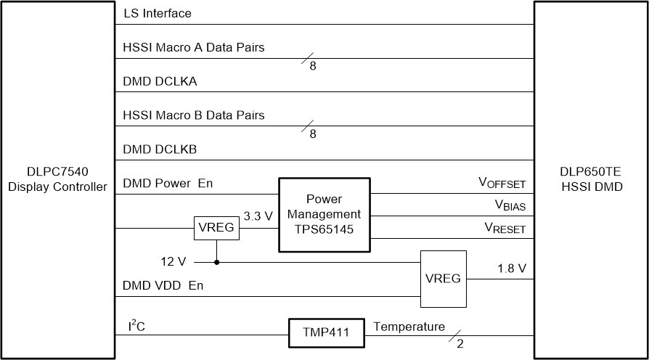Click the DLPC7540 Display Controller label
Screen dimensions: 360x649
pos(58,180)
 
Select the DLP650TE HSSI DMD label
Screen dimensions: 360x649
pos(591,180)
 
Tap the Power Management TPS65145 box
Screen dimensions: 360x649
pos(324,215)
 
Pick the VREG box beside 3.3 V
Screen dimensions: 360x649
pos(216,228)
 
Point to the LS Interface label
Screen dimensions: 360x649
pos(158,14)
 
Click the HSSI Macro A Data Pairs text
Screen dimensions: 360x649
pos(194,48)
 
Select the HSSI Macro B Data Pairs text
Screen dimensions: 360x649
pos(194,115)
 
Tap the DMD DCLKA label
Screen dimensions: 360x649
pos(160,81)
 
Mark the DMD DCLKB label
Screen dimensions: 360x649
pos(160,150)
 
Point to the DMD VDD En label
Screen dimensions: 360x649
pos(163,285)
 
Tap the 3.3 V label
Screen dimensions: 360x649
pos(257,216)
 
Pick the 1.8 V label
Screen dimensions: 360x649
pos(511,268)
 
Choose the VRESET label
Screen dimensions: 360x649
pos(505,229)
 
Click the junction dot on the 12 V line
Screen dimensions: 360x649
pos(216,262)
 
